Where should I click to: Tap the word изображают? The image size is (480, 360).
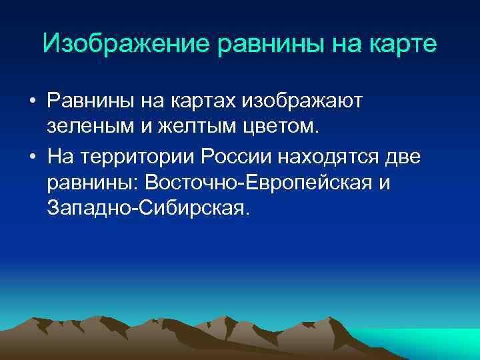tap(303, 103)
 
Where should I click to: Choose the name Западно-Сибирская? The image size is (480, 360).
tap(148, 209)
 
